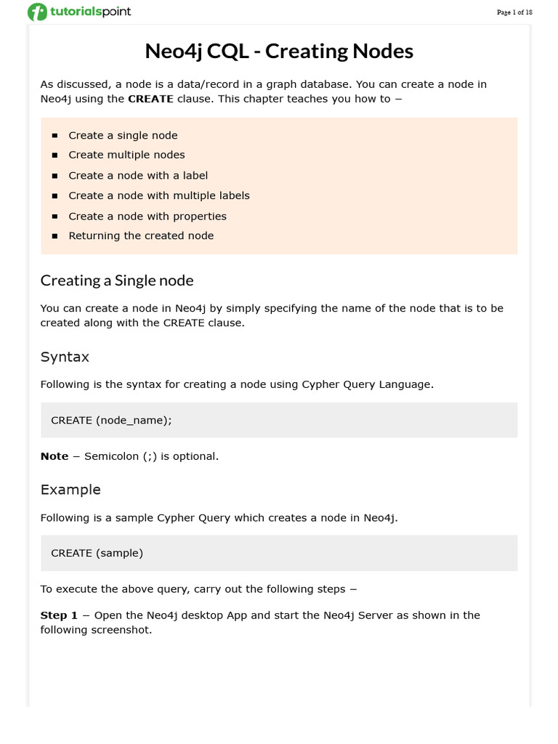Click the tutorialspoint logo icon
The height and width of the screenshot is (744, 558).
36,12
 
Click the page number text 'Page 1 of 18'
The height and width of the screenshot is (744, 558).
514,12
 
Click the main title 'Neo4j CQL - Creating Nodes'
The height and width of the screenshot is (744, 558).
279,51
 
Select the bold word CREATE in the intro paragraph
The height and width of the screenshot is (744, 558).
150,99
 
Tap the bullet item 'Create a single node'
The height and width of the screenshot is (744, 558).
123,135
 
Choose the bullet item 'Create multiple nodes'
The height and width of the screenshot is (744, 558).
126,155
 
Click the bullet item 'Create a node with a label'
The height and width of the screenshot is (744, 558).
138,175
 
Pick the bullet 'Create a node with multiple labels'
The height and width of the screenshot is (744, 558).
158,195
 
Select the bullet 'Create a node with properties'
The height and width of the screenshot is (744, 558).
147,216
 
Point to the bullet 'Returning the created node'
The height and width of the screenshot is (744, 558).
141,235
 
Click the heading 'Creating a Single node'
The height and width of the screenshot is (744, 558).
117,280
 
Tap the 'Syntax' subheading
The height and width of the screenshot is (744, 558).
65,357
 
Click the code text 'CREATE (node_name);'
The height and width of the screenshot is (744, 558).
111,420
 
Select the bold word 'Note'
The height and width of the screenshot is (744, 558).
54,456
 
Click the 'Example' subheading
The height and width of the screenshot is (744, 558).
70,490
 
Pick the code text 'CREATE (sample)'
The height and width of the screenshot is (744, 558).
97,553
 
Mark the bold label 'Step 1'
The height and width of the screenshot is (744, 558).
59,615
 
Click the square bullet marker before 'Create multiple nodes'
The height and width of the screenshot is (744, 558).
54,155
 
